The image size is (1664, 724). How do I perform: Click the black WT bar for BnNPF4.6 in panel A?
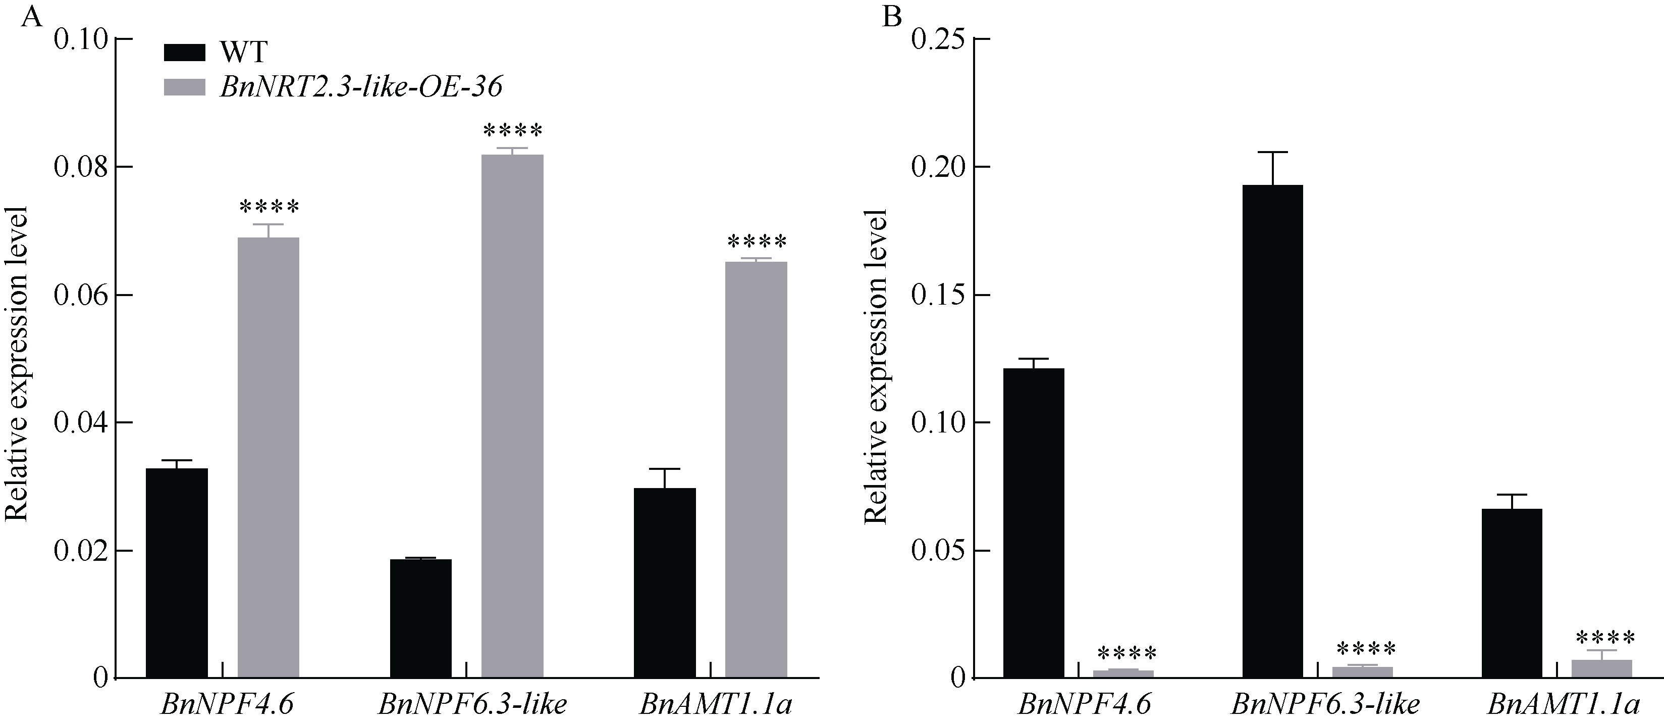tap(176, 573)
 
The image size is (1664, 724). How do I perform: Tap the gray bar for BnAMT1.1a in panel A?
tap(756, 470)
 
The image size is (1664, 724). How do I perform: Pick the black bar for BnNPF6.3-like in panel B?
tap(1272, 431)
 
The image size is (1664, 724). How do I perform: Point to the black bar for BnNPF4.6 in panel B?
tap(1034, 523)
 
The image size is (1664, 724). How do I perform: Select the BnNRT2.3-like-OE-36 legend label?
tap(361, 86)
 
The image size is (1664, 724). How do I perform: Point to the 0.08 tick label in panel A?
tap(79, 167)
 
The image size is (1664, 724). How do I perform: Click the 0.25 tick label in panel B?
tap(937, 39)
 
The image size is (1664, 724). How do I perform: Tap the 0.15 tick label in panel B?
tap(937, 296)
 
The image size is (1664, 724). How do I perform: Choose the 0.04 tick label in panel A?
tap(79, 423)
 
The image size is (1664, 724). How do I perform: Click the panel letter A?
tap(32, 16)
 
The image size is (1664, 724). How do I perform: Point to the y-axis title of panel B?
tap(876, 366)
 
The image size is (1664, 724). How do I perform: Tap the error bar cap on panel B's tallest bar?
tap(1272, 152)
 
